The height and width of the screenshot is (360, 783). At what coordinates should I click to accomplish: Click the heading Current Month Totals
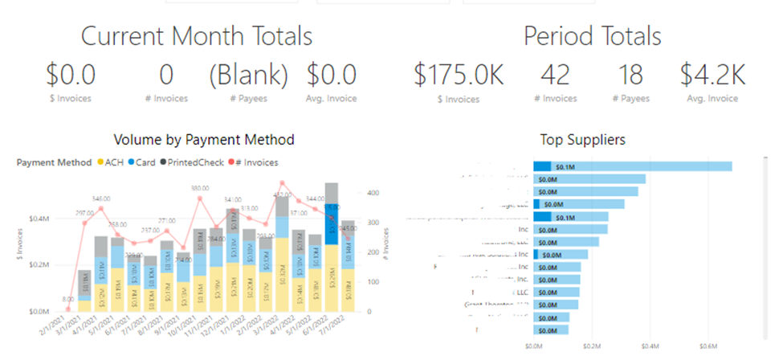point(197,35)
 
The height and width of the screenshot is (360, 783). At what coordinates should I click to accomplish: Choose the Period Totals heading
point(593,35)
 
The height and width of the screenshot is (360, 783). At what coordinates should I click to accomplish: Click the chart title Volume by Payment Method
point(204,140)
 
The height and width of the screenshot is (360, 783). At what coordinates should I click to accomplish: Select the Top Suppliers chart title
point(583,140)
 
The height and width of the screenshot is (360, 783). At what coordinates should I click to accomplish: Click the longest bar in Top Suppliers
point(633,166)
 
